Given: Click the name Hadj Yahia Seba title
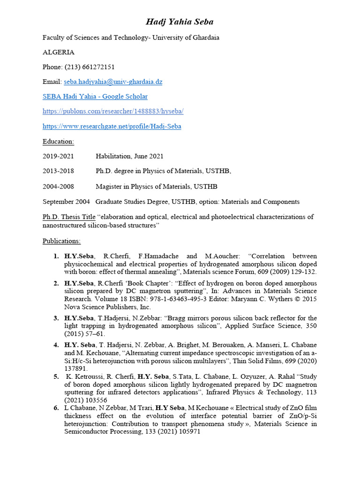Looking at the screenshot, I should click(x=180, y=22).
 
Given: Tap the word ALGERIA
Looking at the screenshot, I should click(x=59, y=52).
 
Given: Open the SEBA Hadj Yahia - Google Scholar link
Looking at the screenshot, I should click(x=95, y=97).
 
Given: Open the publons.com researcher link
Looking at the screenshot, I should click(x=113, y=112).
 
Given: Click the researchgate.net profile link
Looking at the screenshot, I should click(x=112, y=126).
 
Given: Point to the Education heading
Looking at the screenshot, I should click(x=58, y=141).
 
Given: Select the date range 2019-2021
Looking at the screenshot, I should click(x=58, y=156).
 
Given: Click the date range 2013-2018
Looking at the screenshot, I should click(x=58, y=171).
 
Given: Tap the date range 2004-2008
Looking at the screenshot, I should click(x=58, y=187).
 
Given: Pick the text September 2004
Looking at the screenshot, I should click(x=66, y=202).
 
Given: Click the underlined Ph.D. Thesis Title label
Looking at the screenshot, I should click(x=69, y=217).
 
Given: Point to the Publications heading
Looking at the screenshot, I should click(x=61, y=241).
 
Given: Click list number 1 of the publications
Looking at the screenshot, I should click(x=55, y=256).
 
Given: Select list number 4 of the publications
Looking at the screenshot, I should click(x=55, y=345).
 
